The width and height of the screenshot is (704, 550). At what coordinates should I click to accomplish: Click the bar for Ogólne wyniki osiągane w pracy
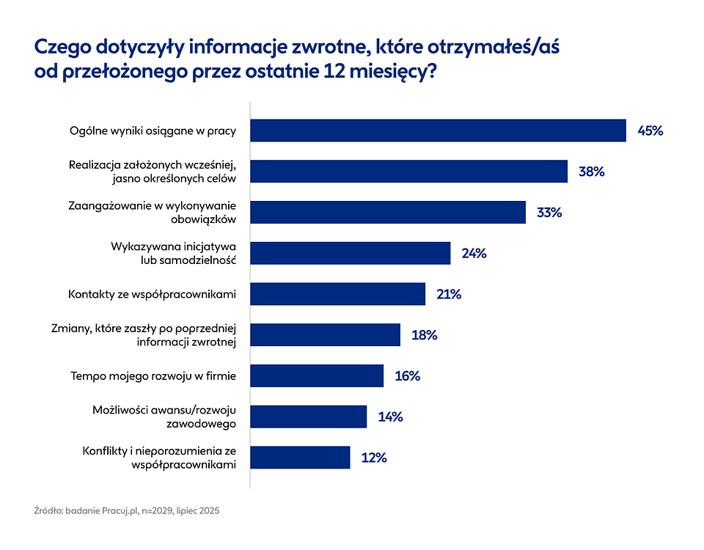pyautogui.click(x=438, y=131)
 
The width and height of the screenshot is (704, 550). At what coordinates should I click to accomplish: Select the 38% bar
pyautogui.click(x=408, y=172)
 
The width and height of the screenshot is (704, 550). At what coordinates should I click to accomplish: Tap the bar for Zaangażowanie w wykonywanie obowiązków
pyautogui.click(x=388, y=213)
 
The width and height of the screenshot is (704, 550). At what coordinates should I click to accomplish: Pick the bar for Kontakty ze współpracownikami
pyautogui.click(x=337, y=294)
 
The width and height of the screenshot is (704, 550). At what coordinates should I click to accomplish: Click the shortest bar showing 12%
pyautogui.click(x=300, y=458)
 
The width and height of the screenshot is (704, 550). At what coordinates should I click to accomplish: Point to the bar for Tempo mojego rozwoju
pyautogui.click(x=317, y=376)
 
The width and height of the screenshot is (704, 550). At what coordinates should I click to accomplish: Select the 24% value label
pyautogui.click(x=474, y=254)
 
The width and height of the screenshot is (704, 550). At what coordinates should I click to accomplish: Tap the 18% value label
pyautogui.click(x=424, y=335)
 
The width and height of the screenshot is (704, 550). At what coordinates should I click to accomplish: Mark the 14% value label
pyautogui.click(x=390, y=417)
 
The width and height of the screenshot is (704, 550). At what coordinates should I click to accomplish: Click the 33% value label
pyautogui.click(x=549, y=213)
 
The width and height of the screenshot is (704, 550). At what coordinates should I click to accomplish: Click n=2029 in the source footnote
pyautogui.click(x=159, y=510)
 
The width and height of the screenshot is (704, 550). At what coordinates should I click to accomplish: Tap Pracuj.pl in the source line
pyautogui.click(x=120, y=510)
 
